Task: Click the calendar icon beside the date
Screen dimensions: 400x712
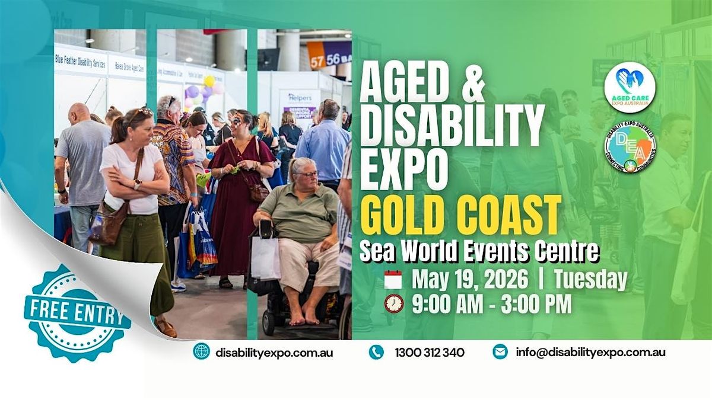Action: [393, 280]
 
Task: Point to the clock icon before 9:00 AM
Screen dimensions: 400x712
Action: [393, 303]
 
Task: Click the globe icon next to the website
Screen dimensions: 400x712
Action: [201, 351]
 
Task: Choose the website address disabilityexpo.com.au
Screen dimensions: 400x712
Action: [274, 352]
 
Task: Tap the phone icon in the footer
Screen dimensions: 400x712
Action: [376, 352]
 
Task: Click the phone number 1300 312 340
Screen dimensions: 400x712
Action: [430, 352]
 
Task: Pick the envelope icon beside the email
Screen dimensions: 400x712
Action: [500, 351]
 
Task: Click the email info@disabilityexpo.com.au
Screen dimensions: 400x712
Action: [590, 352]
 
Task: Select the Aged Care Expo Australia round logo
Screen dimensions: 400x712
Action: [630, 87]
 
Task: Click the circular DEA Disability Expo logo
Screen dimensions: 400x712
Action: [630, 148]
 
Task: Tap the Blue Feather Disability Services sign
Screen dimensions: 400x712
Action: [81, 61]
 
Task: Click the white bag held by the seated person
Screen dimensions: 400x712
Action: [265, 257]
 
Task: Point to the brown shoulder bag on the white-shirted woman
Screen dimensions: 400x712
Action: [107, 223]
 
